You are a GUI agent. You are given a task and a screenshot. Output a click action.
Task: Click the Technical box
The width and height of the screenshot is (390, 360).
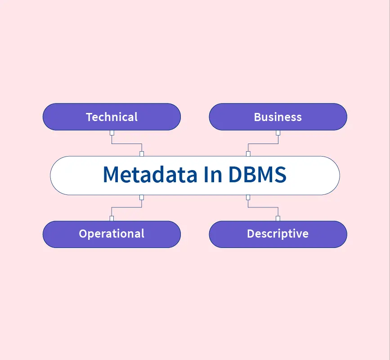(x=112, y=117)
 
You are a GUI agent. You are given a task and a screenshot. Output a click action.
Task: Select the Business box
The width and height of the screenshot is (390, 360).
(x=278, y=117)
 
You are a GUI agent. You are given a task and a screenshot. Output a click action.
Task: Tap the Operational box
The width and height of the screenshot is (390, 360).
(x=112, y=234)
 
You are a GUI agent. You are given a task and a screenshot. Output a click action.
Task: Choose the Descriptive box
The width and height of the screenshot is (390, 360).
(x=278, y=234)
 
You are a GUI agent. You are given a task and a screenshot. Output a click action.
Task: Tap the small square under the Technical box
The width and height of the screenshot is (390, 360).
(x=112, y=133)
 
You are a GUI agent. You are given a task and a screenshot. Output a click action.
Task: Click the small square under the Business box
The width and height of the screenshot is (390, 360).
(x=278, y=133)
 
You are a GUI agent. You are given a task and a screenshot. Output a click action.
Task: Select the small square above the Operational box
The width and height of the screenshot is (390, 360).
(x=112, y=218)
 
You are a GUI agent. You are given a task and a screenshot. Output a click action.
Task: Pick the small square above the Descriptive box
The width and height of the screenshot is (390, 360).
(x=278, y=218)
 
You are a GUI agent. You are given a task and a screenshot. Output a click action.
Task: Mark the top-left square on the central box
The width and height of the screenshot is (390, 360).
(x=142, y=154)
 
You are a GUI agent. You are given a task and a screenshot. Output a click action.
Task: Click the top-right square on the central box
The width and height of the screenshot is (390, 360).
(x=248, y=154)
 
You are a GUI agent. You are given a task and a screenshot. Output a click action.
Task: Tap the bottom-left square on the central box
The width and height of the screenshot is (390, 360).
(x=142, y=197)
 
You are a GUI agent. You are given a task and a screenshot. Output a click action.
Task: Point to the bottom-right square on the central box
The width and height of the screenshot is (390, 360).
(x=248, y=197)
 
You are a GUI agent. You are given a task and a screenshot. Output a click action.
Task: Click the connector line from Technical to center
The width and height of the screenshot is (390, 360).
(x=127, y=144)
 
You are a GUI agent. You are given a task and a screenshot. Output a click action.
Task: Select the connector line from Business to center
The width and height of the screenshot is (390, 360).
(x=263, y=144)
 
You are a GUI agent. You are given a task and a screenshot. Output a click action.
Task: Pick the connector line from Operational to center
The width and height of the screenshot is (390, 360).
(x=127, y=207)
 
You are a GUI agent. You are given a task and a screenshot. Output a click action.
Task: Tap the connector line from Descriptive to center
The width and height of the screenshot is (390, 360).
(x=263, y=207)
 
